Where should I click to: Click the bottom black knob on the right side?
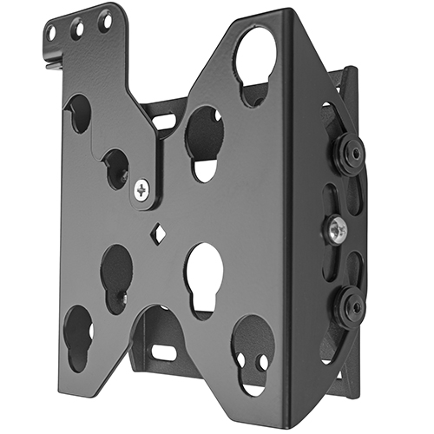click(x=352, y=305)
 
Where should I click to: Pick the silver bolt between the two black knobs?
click(x=339, y=230)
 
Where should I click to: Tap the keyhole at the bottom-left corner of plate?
click(x=78, y=334)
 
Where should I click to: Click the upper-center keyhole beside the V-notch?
click(x=205, y=139)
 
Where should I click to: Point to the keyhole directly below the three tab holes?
click(x=78, y=112)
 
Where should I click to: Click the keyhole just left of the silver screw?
click(x=116, y=168)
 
